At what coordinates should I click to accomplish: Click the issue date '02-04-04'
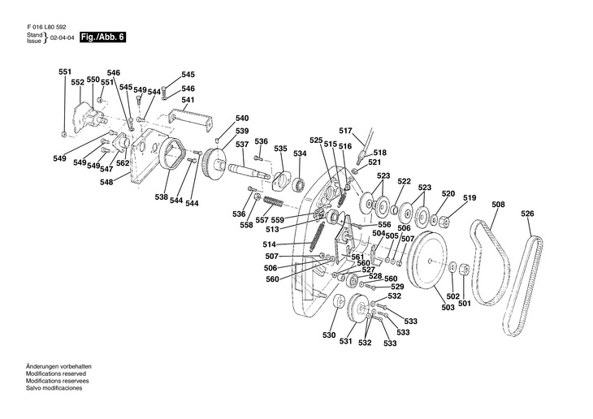(x=63, y=38)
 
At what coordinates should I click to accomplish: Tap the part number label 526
(x=528, y=214)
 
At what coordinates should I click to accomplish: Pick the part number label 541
(x=188, y=101)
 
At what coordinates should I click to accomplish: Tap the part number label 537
(x=242, y=145)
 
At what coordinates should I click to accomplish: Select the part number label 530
(x=328, y=335)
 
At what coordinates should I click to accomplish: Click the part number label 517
(x=345, y=131)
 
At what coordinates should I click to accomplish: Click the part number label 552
(x=77, y=83)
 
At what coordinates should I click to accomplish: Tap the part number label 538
(x=162, y=197)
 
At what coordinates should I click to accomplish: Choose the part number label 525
(x=316, y=140)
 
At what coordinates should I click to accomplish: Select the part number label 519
(x=470, y=198)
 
